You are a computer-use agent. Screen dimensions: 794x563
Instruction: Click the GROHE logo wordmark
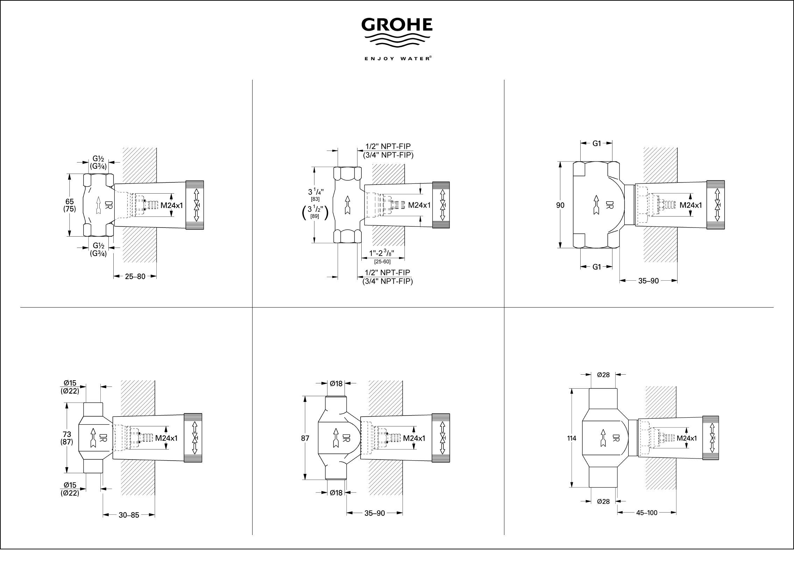pyautogui.click(x=397, y=25)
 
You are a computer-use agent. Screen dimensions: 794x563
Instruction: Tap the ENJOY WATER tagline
pyautogui.click(x=397, y=59)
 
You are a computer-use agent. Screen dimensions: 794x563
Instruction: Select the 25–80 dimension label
pyautogui.click(x=135, y=276)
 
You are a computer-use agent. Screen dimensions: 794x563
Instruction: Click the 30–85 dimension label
pyautogui.click(x=129, y=515)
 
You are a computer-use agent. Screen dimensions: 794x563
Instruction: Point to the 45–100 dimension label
pyautogui.click(x=647, y=513)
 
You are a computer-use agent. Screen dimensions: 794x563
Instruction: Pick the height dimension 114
pyautogui.click(x=572, y=438)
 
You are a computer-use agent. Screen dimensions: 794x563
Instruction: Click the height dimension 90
pyautogui.click(x=560, y=205)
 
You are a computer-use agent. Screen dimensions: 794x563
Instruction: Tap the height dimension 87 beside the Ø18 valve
pyautogui.click(x=305, y=438)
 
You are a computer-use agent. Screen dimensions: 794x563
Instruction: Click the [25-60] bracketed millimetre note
pyautogui.click(x=382, y=261)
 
